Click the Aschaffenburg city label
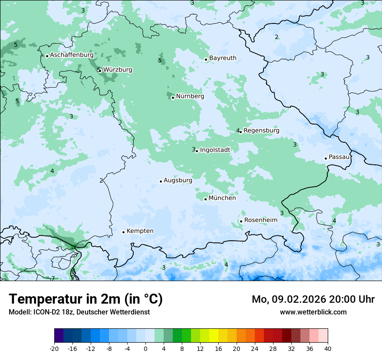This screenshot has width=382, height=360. pyautogui.click(x=72, y=55)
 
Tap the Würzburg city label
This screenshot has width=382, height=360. pyautogui.click(x=118, y=69)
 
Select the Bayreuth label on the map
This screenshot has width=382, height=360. pyautogui.click(x=223, y=58)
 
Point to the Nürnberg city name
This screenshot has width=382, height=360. pyautogui.click(x=190, y=96)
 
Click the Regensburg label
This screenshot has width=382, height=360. pyautogui.click(x=261, y=130)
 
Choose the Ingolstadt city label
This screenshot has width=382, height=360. pyautogui.click(x=215, y=150)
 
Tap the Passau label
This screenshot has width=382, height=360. pyautogui.click(x=339, y=157)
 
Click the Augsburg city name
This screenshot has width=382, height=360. pyautogui.click(x=178, y=180)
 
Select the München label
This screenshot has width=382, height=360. pyautogui.click(x=222, y=198)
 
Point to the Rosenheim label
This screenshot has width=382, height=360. pyautogui.click(x=260, y=220)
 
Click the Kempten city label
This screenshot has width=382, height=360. pyautogui.click(x=140, y=231)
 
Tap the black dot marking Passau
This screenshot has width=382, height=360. pyautogui.click(x=326, y=158)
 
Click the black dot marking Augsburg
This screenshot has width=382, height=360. pyautogui.click(x=161, y=181)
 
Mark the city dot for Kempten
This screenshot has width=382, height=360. pyautogui.click(x=123, y=232)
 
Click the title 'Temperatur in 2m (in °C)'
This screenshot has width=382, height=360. pyautogui.click(x=86, y=299)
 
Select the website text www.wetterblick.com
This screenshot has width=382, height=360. pyautogui.click(x=313, y=312)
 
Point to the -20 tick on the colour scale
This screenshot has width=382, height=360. pyautogui.click(x=54, y=348)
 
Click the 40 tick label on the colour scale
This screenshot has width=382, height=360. pyautogui.click(x=327, y=348)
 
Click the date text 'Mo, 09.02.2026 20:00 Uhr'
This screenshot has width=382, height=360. pyautogui.click(x=313, y=299)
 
